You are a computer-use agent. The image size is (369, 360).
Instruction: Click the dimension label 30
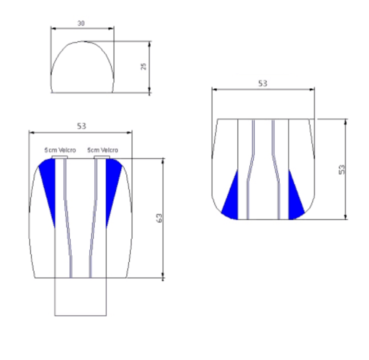click(81, 23)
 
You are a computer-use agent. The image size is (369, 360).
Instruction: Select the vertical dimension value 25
click(143, 66)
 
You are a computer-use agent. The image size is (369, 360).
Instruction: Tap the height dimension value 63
click(159, 218)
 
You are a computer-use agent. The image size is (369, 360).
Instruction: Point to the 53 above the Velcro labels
click(82, 126)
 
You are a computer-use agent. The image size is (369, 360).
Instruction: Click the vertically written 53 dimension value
click(342, 169)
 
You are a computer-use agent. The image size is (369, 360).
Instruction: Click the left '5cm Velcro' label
click(60, 150)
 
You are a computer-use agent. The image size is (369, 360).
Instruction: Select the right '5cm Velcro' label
click(103, 150)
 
